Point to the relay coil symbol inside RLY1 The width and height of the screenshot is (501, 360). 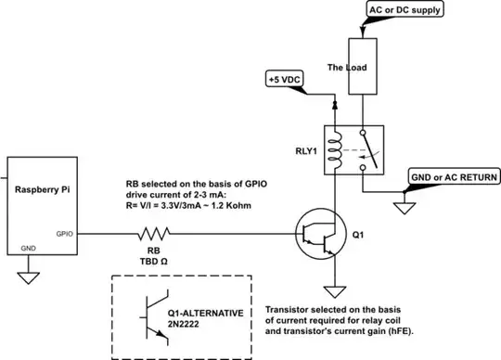coord(335,148)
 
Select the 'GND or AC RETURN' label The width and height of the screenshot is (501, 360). coord(455,176)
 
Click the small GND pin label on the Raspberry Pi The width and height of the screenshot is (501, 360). coord(29,249)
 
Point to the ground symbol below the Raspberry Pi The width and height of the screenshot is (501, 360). coord(29,276)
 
